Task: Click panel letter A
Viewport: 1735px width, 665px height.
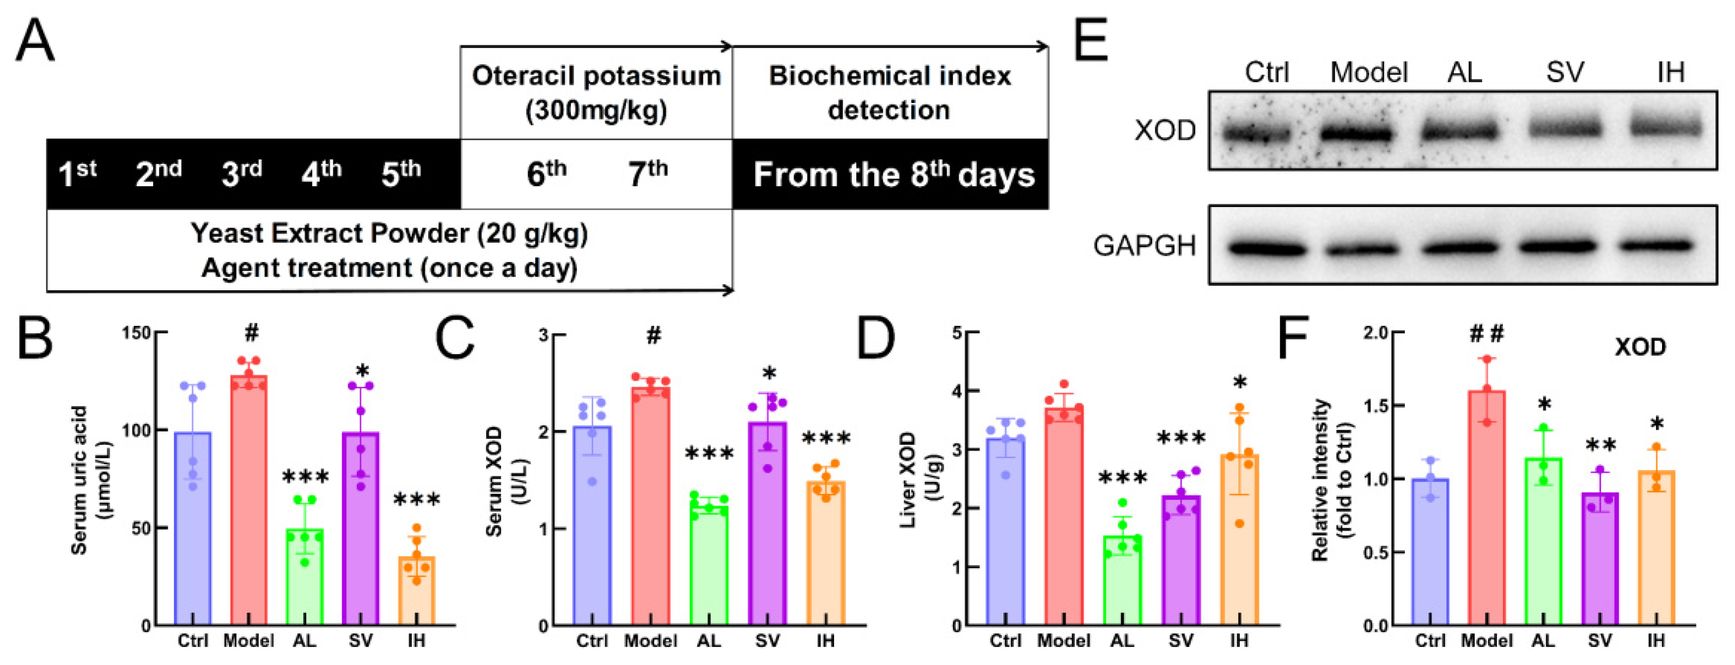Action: pos(34,42)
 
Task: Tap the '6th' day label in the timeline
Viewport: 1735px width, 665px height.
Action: pos(545,174)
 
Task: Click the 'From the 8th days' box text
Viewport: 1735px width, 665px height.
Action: pos(893,174)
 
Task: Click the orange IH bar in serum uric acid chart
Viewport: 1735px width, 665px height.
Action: pos(416,593)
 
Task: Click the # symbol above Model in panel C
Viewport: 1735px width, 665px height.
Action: pos(653,335)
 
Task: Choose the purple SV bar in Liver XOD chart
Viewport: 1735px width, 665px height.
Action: pos(1180,562)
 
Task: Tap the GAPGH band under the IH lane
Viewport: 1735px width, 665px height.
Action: pos(1656,246)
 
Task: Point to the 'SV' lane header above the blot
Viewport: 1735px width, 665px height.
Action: pos(1564,72)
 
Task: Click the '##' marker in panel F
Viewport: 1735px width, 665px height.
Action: pos(1486,332)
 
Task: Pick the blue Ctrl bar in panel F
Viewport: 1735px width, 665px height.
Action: pos(1430,552)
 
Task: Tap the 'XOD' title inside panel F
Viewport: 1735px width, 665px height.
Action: pos(1640,347)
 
